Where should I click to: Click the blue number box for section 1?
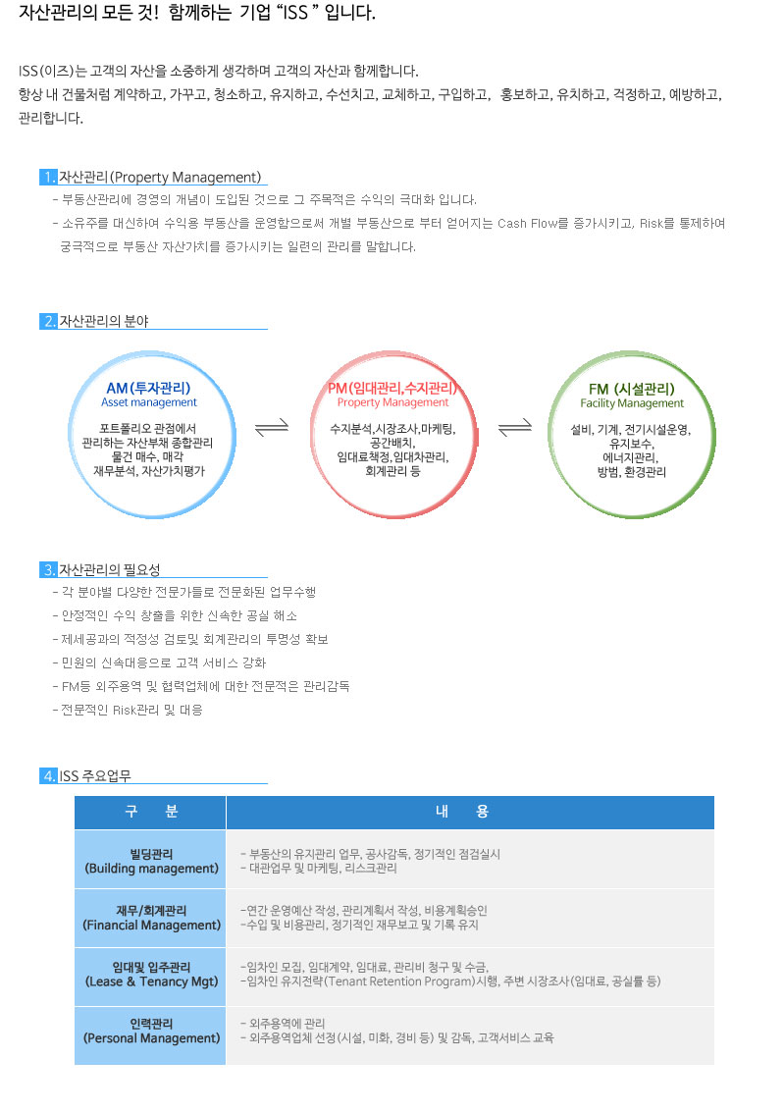pyautogui.click(x=48, y=177)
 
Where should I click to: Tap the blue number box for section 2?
pyautogui.click(x=48, y=321)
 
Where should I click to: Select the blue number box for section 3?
pyautogui.click(x=48, y=569)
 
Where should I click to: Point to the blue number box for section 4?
pyautogui.click(x=48, y=775)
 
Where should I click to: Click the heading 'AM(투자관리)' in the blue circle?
pyautogui.click(x=148, y=389)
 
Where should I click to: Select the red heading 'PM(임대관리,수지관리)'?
pyautogui.click(x=392, y=389)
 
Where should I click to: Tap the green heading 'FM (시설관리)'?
pyautogui.click(x=632, y=389)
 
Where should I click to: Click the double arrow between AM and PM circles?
pyautogui.click(x=272, y=427)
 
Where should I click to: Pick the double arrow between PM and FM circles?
pyautogui.click(x=515, y=427)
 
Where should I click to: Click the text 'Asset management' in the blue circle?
pyautogui.click(x=149, y=402)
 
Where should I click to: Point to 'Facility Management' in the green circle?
pyautogui.click(x=632, y=403)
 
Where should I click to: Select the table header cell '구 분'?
pyautogui.click(x=150, y=812)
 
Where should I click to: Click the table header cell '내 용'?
pyautogui.click(x=470, y=812)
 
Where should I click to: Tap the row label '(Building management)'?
pyautogui.click(x=152, y=868)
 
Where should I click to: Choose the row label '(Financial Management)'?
pyautogui.click(x=152, y=925)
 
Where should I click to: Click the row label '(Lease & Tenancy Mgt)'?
pyautogui.click(x=152, y=981)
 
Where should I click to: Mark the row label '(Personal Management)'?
pyautogui.click(x=152, y=1037)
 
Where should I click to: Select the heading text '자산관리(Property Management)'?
pyautogui.click(x=160, y=177)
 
